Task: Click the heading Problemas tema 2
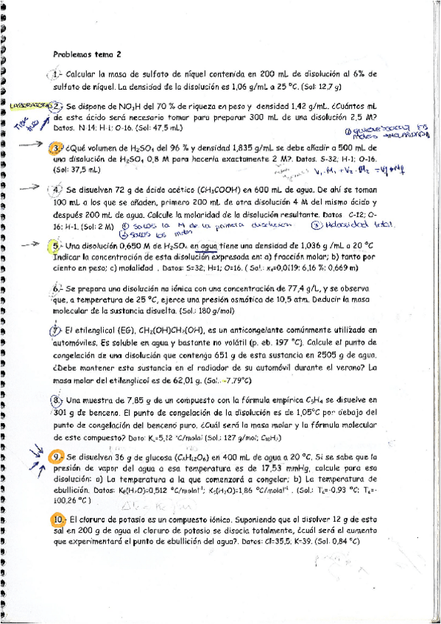88,54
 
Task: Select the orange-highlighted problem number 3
55,148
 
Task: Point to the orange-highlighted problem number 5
55,245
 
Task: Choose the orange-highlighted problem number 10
58,520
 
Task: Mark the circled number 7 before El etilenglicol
56,331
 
